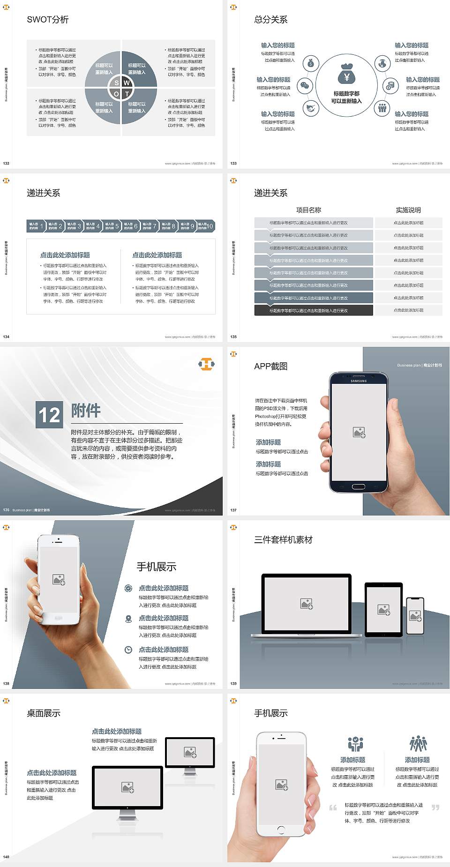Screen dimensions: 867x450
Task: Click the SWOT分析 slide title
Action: coord(48,20)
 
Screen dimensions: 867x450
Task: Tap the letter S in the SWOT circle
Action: coord(117,83)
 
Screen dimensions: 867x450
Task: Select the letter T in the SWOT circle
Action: coord(127,94)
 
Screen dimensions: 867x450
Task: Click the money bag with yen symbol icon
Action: coord(346,74)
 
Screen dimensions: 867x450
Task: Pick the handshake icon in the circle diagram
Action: coord(311,108)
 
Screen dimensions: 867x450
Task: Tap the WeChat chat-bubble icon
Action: coord(305,86)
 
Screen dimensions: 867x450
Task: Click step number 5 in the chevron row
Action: coord(117,226)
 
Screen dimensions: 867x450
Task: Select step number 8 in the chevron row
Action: coord(173,226)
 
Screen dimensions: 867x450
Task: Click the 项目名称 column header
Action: coord(308,210)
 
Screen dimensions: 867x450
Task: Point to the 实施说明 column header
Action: coord(408,210)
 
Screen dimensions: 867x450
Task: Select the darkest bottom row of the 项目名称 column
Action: coord(314,310)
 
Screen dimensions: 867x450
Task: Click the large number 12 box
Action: coord(49,415)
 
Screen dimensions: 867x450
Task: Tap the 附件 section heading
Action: coord(86,411)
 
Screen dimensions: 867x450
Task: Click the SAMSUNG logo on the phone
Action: coord(359,381)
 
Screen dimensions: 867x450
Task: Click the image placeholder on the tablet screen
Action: coord(383,610)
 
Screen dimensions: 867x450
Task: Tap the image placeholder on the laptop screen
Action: coord(307,604)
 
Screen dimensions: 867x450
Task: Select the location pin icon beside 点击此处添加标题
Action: coord(128,619)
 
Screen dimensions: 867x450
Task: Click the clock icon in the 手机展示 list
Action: coord(128,650)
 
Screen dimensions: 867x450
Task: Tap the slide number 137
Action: coord(233,510)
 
